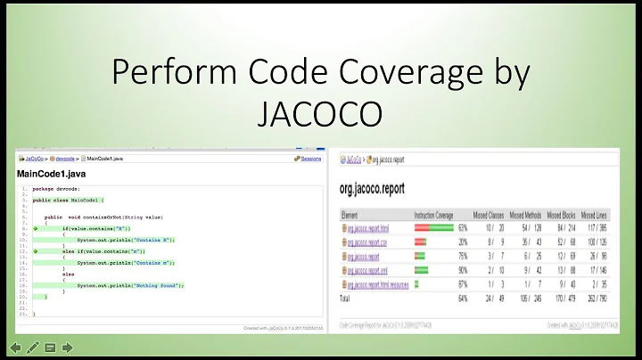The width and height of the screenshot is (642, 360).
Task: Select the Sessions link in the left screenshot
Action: [x=310, y=158]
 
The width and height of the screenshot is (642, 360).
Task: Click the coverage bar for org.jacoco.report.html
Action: [x=433, y=227]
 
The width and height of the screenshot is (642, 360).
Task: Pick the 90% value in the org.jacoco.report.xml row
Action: [x=464, y=270]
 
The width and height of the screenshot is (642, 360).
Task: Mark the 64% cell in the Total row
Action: [x=464, y=298]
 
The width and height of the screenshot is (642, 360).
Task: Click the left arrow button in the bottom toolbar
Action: [x=15, y=347]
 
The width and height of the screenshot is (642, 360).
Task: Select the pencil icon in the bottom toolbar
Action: [x=33, y=347]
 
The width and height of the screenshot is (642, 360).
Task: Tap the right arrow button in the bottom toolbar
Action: [x=68, y=347]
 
